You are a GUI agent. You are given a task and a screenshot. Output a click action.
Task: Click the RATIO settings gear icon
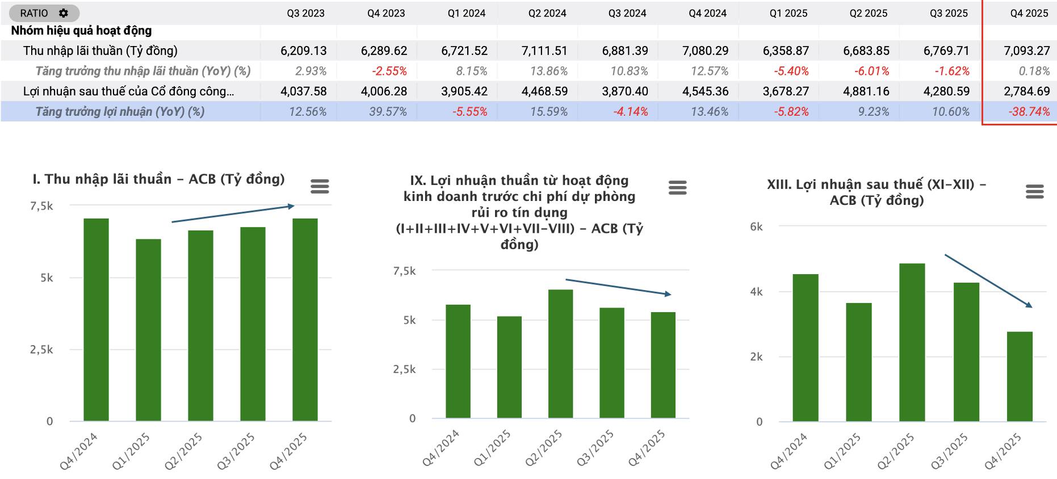[x=64, y=13]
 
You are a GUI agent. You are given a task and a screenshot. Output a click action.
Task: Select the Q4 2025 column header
[x=1029, y=13]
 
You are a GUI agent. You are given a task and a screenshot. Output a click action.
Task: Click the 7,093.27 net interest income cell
[x=1026, y=51]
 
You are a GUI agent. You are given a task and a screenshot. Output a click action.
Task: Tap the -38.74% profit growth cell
[x=1029, y=112]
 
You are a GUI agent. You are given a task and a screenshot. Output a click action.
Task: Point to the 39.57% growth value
[x=388, y=112]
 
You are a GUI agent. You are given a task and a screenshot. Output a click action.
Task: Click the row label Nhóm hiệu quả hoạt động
[x=81, y=31]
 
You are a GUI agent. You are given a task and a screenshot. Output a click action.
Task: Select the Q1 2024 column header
[x=466, y=13]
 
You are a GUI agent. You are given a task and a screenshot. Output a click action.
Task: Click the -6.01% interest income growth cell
[x=871, y=71]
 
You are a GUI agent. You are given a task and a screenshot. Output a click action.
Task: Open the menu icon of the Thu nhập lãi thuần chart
[x=320, y=186]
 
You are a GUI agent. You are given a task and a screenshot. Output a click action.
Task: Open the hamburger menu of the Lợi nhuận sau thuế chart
[x=1035, y=192]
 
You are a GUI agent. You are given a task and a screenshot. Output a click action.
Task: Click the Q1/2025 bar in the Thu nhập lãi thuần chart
[x=148, y=329]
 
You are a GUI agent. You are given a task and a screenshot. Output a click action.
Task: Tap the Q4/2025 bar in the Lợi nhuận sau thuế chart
[x=1020, y=376]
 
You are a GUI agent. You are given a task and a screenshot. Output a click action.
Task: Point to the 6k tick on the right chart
[x=756, y=226]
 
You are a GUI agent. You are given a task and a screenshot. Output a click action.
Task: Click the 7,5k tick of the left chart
[x=41, y=206]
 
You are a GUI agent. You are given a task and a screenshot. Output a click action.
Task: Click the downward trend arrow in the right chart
[x=988, y=281]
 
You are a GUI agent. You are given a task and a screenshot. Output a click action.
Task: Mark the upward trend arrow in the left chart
[x=233, y=213]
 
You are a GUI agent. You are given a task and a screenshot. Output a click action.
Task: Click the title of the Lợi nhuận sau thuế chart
[x=876, y=192]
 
